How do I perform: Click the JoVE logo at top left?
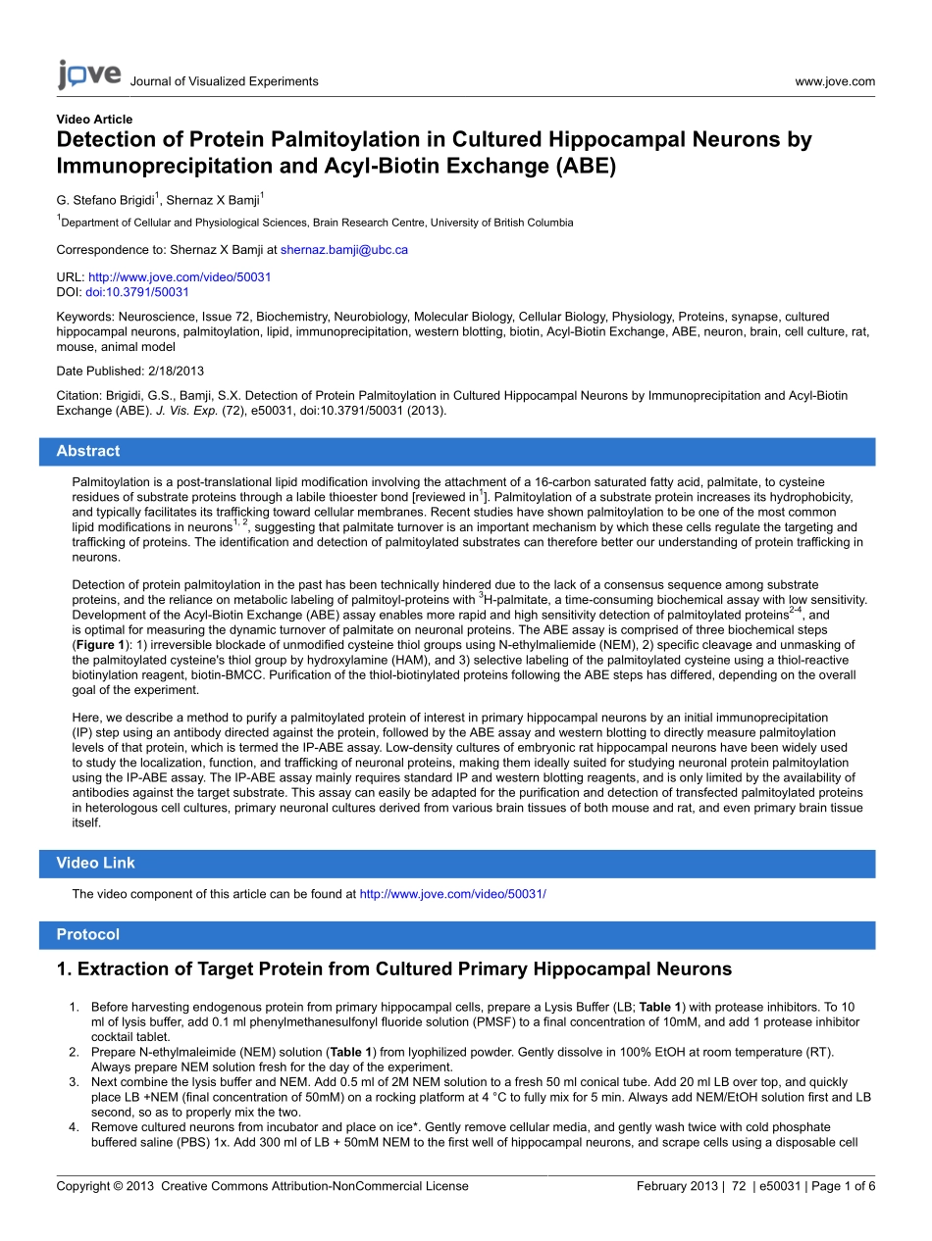[x=88, y=74]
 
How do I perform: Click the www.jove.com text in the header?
[x=835, y=81]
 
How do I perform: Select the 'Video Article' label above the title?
[x=94, y=120]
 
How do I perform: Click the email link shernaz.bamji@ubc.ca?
[x=344, y=250]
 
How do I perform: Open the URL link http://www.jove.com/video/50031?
[x=180, y=277]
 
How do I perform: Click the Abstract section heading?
[x=88, y=452]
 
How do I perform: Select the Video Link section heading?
[x=95, y=864]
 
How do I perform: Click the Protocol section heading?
[x=88, y=935]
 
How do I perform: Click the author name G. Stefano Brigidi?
[x=105, y=200]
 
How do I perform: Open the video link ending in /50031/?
[x=452, y=894]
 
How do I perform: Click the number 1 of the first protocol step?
[x=73, y=1007]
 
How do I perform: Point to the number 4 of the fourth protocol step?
[x=73, y=1127]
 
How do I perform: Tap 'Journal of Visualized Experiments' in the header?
[x=224, y=81]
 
